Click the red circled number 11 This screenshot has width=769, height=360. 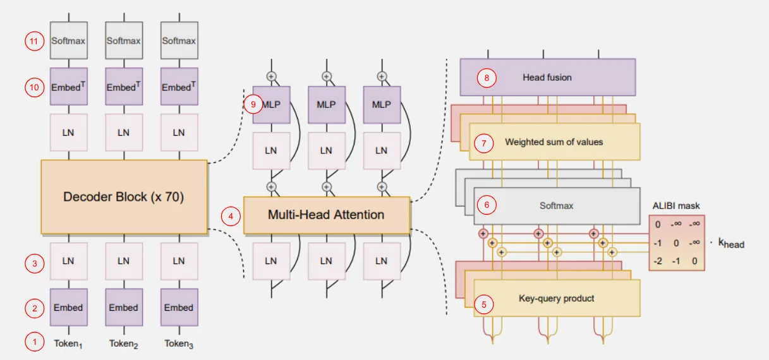34,41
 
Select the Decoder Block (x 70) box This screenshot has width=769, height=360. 124,196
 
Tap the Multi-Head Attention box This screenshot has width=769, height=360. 326,215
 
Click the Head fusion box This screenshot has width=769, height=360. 547,78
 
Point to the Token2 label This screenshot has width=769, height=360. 124,344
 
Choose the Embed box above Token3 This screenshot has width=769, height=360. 179,308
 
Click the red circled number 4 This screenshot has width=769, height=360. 231,216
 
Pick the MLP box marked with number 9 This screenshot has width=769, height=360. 272,105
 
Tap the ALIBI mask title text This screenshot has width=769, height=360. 676,206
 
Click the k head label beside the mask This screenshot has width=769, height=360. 731,243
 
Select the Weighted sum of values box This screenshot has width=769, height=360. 554,142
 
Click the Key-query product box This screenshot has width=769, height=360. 557,298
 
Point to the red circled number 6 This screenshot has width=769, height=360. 486,205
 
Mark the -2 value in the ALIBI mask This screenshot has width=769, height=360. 658,260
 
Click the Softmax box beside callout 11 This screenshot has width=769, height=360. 69,41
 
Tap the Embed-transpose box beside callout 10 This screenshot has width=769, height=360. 69,87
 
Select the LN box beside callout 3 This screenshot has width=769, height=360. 69,261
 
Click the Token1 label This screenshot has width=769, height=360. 68,344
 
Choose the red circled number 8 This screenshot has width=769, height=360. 486,78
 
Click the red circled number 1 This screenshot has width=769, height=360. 34,342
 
